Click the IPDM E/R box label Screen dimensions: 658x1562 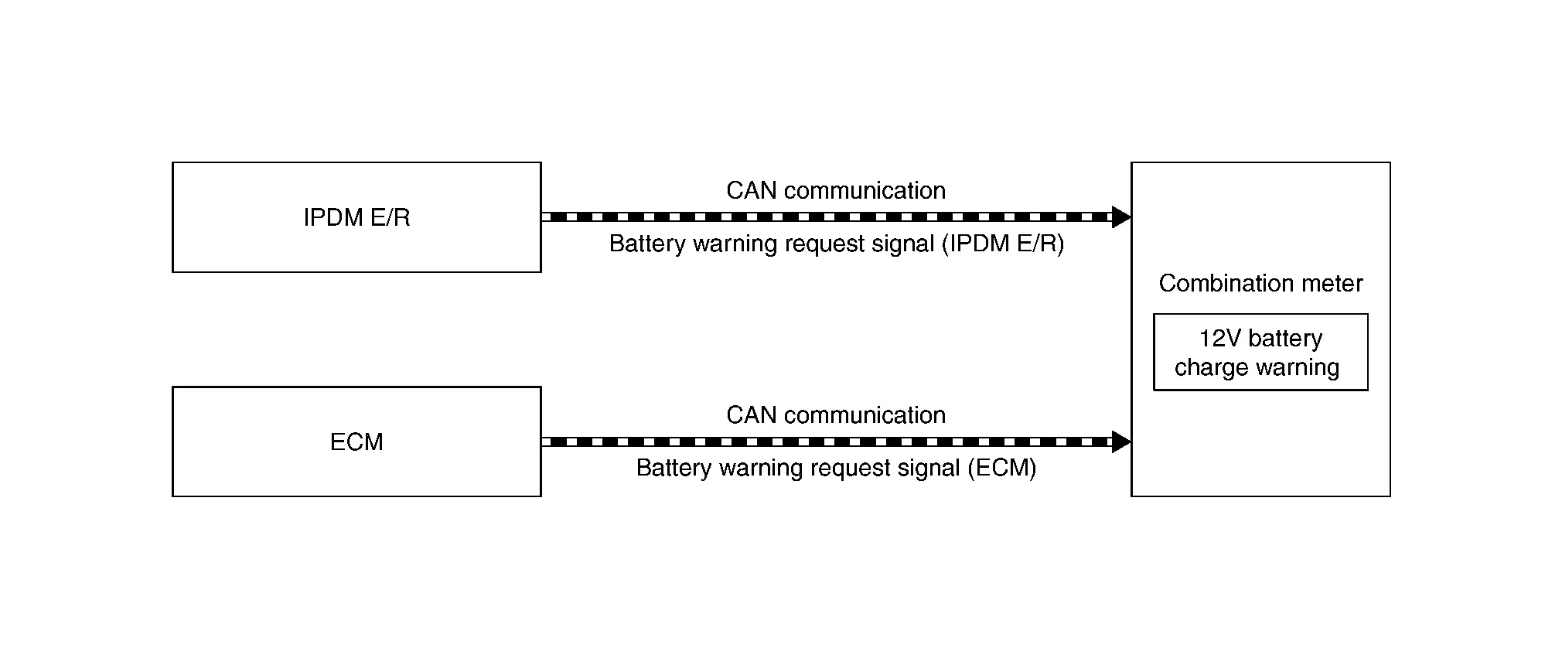point(356,217)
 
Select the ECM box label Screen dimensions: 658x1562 point(356,442)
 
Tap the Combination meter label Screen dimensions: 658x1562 point(1260,283)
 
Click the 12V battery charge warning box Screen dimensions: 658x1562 point(1260,352)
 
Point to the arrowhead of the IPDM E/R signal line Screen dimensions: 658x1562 point(1121,217)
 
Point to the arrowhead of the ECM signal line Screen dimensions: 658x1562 point(1121,442)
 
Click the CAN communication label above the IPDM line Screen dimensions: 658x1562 point(835,190)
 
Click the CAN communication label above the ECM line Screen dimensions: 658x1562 point(835,414)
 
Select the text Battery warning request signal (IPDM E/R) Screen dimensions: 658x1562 point(836,244)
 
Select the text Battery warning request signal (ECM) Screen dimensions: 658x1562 point(836,468)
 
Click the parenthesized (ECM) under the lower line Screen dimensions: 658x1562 point(1002,468)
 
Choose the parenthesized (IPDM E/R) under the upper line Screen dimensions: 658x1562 point(1003,244)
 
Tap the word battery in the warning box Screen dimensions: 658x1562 point(1285,338)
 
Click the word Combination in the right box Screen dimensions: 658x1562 point(1225,283)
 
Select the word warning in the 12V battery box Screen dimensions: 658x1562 point(1297,367)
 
